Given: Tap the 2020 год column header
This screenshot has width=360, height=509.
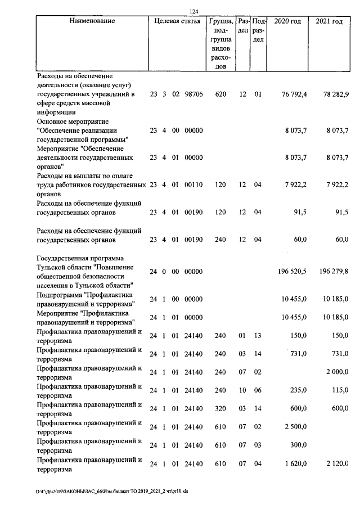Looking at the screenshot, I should (x=287, y=21).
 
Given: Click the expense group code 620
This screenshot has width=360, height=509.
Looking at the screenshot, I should (x=220, y=94).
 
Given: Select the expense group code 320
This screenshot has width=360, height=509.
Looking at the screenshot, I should (x=220, y=409).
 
